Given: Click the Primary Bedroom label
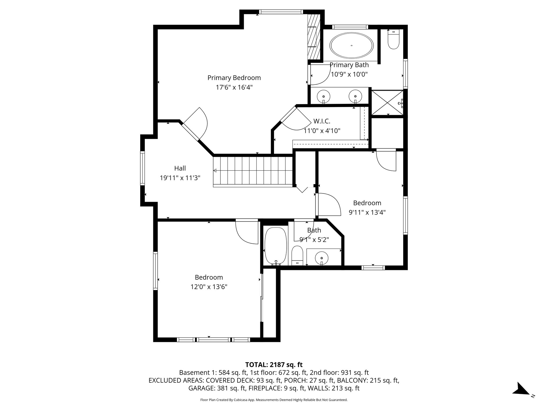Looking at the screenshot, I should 234,78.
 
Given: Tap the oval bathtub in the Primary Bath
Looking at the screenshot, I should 352,45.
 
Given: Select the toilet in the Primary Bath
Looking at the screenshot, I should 393,40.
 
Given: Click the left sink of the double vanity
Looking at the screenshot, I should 324,96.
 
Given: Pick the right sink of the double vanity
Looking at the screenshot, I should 355,96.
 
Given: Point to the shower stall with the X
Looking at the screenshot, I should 387,103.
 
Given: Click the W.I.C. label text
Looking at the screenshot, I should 322,121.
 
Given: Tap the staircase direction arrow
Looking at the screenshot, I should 215,171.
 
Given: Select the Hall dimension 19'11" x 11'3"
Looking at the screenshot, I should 180,178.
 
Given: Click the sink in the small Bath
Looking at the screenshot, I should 322,258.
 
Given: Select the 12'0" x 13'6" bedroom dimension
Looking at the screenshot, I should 209,287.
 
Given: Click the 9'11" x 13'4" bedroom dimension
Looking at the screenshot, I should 367,212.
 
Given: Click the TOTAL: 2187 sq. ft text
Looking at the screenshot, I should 274,364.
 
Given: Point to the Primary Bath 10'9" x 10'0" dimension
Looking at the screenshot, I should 349,74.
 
